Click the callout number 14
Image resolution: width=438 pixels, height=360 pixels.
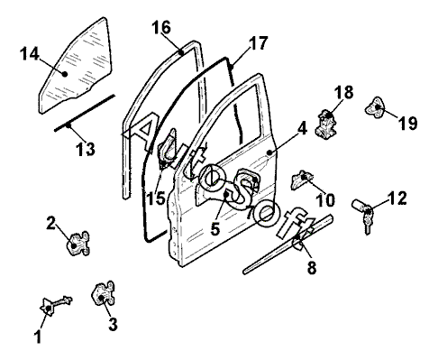click(x=30, y=54)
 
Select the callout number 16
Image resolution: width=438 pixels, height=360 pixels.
click(x=161, y=27)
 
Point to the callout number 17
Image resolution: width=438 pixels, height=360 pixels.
click(x=258, y=43)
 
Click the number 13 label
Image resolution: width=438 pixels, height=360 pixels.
click(x=86, y=149)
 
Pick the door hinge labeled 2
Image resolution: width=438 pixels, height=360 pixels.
click(x=78, y=244)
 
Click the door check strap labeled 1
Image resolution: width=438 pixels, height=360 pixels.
click(x=56, y=305)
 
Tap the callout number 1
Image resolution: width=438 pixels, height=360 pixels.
click(x=38, y=337)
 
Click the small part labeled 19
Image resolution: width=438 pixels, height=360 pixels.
click(x=375, y=106)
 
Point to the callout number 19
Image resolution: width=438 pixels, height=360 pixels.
click(x=407, y=123)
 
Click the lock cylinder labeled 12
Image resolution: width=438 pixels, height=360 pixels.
click(x=363, y=215)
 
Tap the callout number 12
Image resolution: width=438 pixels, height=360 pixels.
click(x=397, y=198)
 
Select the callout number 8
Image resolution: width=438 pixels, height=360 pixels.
click(x=312, y=267)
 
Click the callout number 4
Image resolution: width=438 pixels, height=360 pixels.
click(x=302, y=129)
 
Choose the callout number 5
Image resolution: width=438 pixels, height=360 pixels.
click(x=215, y=229)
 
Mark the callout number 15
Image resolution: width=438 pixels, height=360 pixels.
click(x=156, y=198)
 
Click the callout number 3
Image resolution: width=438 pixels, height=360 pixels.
click(x=113, y=324)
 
